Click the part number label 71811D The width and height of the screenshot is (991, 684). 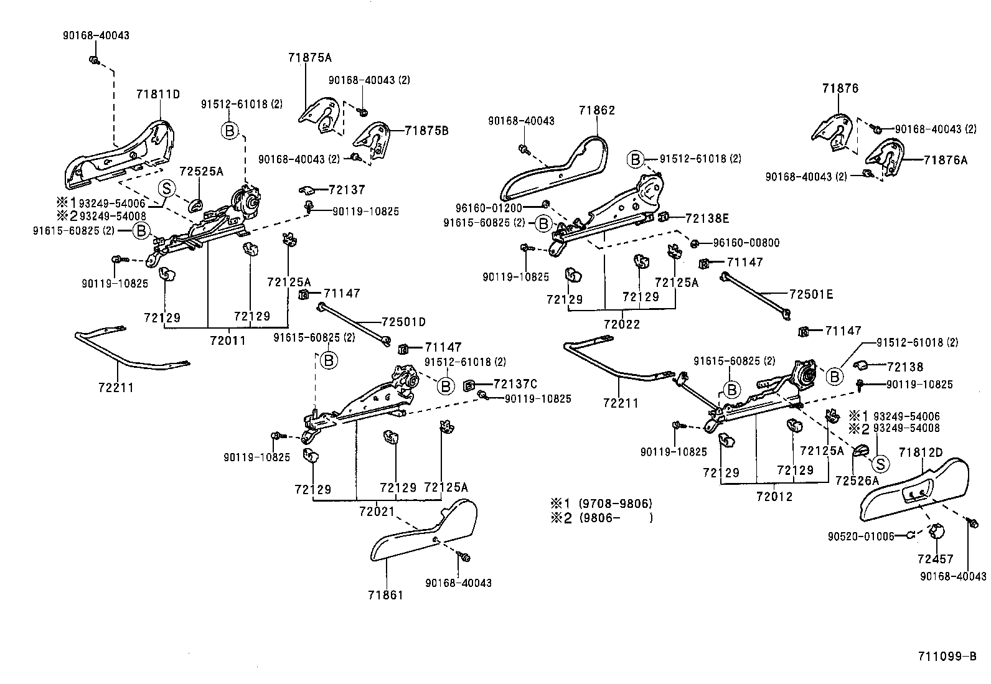[x=157, y=95]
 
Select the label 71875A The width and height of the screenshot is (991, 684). [x=309, y=58]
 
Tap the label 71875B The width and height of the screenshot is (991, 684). [x=426, y=131]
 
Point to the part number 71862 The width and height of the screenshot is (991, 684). [x=596, y=110]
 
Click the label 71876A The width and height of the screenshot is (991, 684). [x=946, y=160]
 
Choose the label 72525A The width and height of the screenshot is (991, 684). [x=201, y=171]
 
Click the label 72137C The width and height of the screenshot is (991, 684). [x=515, y=384]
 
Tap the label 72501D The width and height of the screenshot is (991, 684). [x=403, y=322]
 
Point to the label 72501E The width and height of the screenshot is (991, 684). [x=810, y=294]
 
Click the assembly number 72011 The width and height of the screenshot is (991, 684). [x=228, y=340]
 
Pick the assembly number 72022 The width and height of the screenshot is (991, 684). [x=621, y=324]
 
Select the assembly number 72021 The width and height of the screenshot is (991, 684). [x=377, y=511]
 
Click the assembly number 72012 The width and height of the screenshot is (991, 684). [x=774, y=497]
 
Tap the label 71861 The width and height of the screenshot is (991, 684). [x=385, y=595]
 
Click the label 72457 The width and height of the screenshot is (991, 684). [x=935, y=559]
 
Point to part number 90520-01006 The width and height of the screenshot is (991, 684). [x=861, y=536]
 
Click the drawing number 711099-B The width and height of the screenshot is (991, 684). [x=947, y=656]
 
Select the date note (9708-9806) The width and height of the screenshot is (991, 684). [x=615, y=504]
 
